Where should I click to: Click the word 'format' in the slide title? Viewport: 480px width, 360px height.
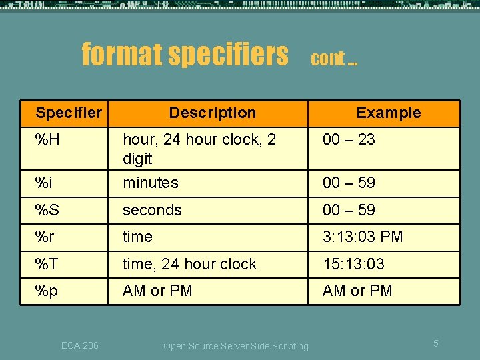coord(121,54)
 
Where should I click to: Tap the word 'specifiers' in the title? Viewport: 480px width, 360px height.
coord(228,54)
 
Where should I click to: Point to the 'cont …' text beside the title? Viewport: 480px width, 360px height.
coord(334,59)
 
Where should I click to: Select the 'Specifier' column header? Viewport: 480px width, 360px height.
coord(69,113)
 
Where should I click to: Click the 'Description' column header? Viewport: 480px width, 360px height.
coord(212,113)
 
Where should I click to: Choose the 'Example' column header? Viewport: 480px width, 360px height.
coord(388,113)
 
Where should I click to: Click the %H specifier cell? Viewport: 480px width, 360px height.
coord(48,139)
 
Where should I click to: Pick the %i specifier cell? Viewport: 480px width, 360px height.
coord(45,183)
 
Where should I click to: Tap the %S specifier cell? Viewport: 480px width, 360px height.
coord(47,210)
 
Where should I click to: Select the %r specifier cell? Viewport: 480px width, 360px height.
coord(45,237)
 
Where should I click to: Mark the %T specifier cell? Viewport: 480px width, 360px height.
coord(47,264)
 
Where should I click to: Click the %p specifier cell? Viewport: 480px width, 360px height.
coord(46,291)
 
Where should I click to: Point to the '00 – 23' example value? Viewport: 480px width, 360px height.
coord(349,139)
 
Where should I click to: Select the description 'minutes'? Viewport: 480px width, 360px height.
coord(151,183)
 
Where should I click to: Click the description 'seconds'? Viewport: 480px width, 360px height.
coord(152,210)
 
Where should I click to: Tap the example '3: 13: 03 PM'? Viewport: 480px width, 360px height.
coord(363,237)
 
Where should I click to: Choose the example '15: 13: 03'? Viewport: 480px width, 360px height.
coord(353,264)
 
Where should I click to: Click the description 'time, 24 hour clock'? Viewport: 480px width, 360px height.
coord(189,264)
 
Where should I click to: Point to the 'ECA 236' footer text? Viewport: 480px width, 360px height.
coord(79,345)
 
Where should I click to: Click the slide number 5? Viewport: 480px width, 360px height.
coord(435,343)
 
